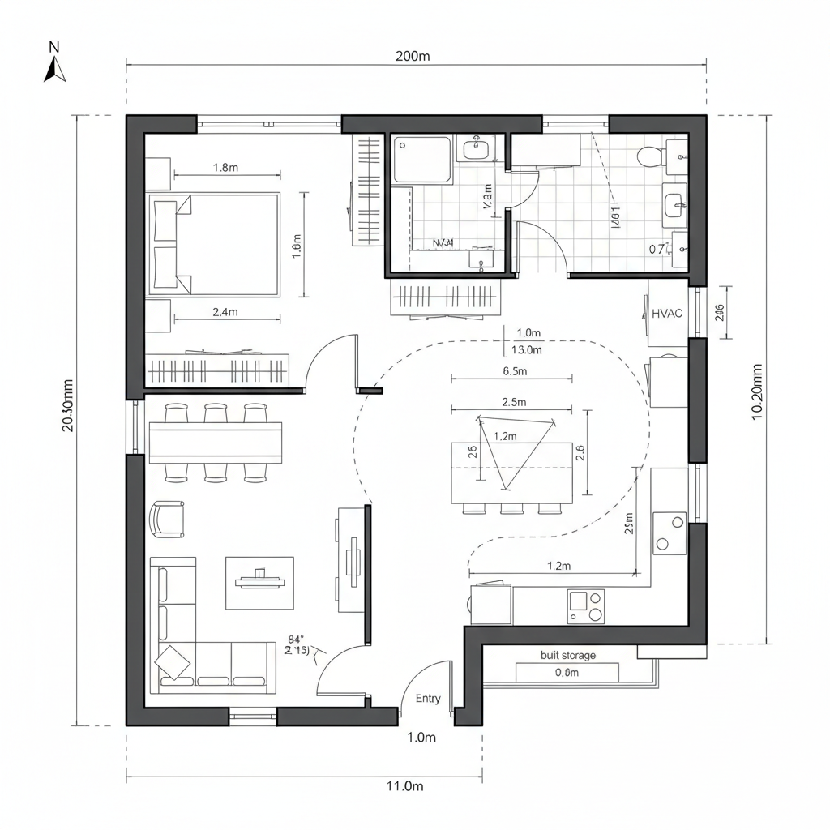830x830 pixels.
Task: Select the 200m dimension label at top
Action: click(x=413, y=56)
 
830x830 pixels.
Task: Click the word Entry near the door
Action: click(x=428, y=698)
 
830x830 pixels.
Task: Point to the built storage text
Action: click(x=567, y=655)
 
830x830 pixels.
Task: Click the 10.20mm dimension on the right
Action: click(x=757, y=391)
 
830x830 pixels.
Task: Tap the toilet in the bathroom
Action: click(x=651, y=155)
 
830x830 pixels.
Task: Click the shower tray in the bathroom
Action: click(x=422, y=160)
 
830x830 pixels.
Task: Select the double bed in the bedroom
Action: click(x=214, y=244)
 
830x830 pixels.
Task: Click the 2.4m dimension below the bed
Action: click(x=225, y=311)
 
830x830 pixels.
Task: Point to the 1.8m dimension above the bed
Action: click(x=225, y=168)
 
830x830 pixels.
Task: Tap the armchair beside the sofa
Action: click(x=168, y=519)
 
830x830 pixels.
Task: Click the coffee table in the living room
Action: click(x=259, y=582)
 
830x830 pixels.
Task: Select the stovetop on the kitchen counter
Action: click(x=585, y=606)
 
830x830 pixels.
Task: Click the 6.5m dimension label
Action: click(x=515, y=371)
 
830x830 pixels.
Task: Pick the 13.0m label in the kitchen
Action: click(x=527, y=350)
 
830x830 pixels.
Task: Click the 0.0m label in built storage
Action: click(x=567, y=672)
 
